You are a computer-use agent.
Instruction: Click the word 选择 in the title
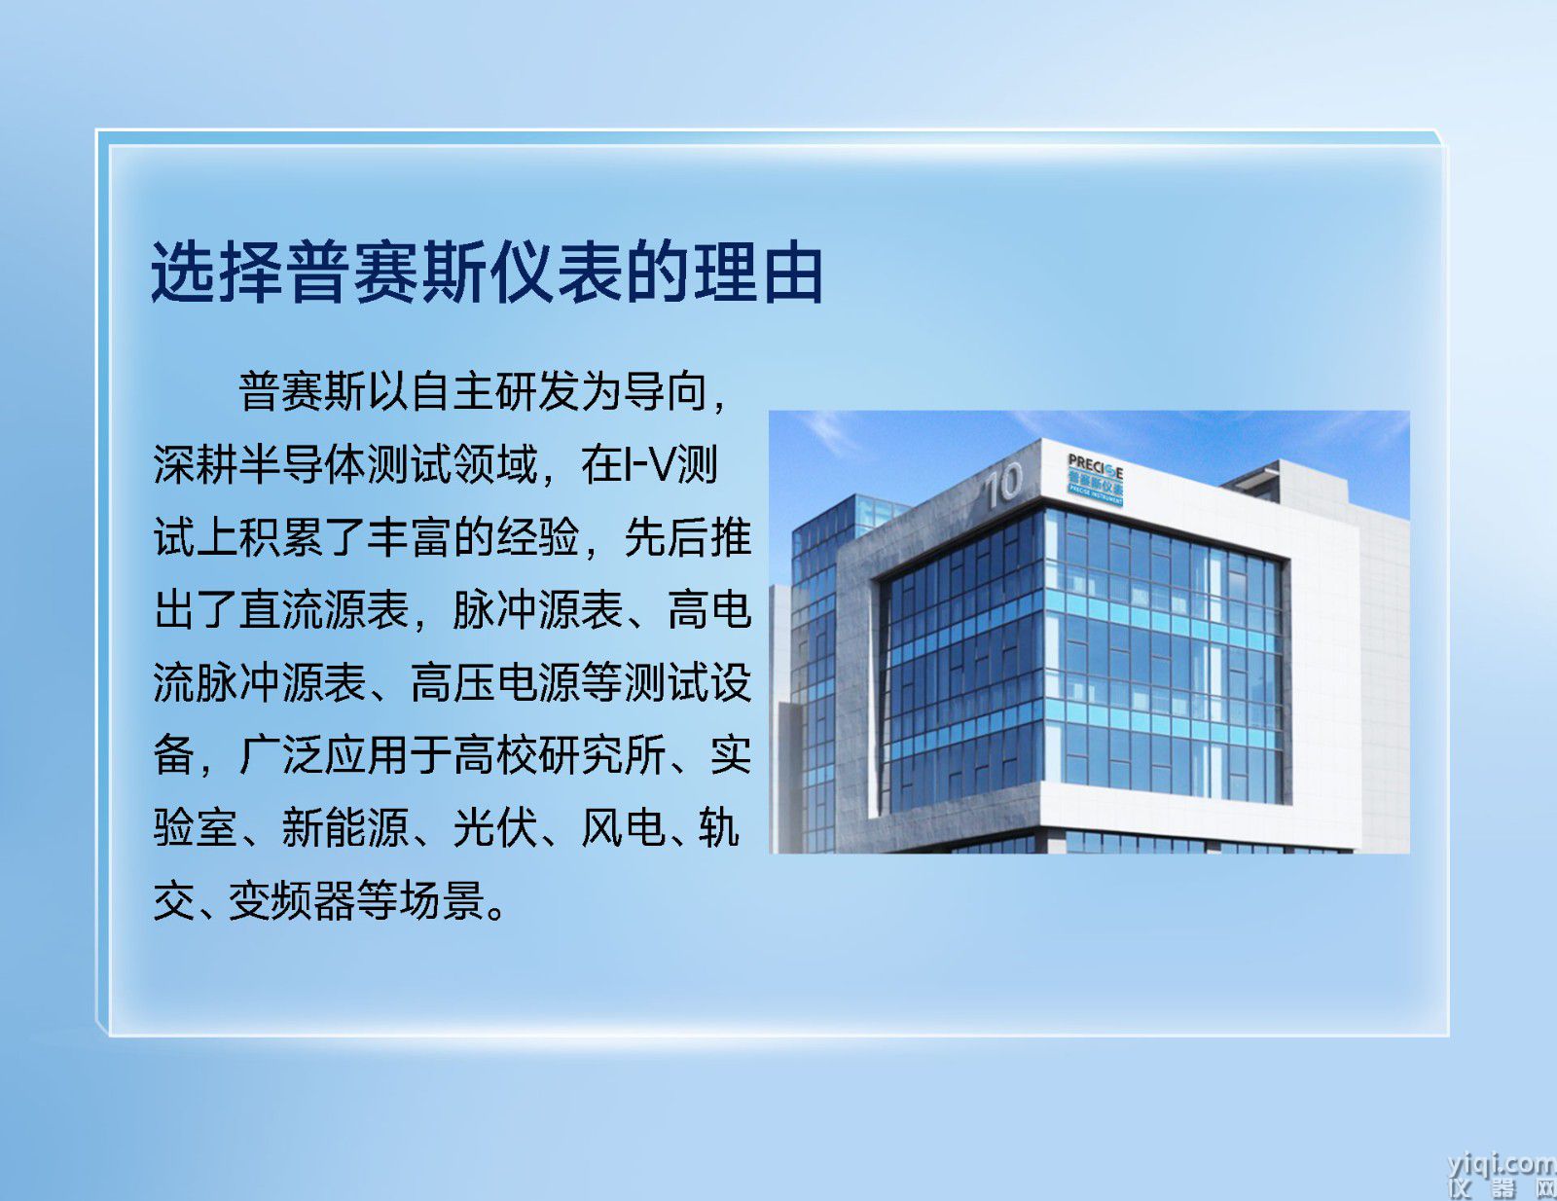[216, 273]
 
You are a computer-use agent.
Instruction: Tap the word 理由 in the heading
[758, 273]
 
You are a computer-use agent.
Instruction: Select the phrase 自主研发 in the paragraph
[496, 391]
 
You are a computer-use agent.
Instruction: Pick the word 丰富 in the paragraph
[410, 536]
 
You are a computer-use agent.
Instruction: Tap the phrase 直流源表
[324, 609]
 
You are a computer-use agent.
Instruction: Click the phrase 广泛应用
[324, 754]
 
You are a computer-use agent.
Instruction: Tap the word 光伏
[495, 827]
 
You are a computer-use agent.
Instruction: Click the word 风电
[622, 827]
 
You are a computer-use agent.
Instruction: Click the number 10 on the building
[1003, 484]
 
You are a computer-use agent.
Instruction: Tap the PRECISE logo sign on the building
[1095, 480]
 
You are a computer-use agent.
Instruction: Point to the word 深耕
[196, 464]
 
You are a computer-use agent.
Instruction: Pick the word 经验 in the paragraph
[537, 536]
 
